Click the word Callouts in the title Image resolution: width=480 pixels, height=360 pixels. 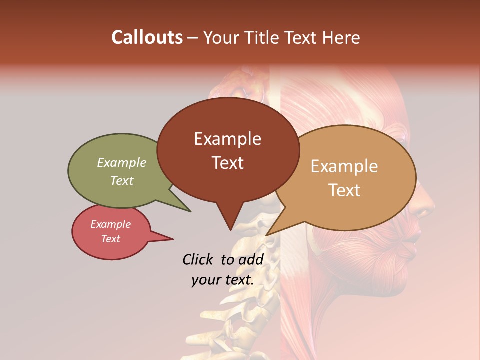pos(147,37)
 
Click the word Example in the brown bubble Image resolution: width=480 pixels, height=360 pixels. pos(227,139)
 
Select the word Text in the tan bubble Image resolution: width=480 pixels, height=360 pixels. pos(344,190)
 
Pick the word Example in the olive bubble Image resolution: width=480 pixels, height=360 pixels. pos(122,163)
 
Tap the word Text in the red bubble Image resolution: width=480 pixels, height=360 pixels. pos(111,239)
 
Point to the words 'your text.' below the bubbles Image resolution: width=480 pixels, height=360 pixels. pos(223,280)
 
